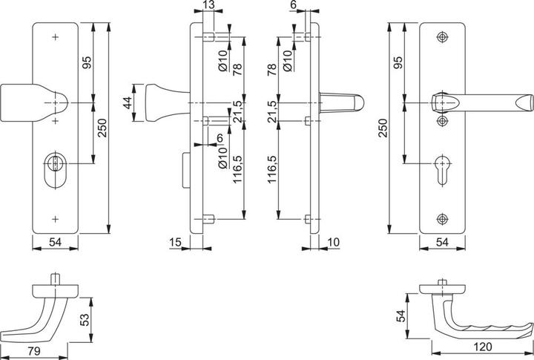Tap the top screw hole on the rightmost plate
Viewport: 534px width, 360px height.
[444, 36]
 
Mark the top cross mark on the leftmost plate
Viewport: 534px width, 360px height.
[56, 36]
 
